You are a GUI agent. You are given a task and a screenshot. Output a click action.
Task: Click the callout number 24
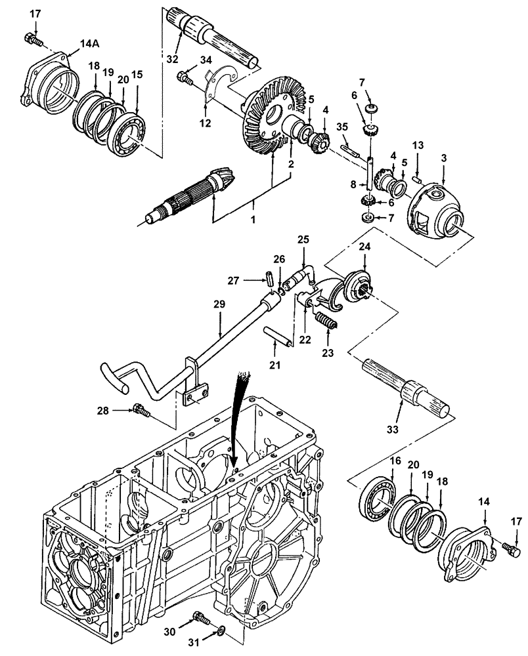(364, 247)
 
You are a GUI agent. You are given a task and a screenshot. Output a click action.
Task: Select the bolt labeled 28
(141, 411)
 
